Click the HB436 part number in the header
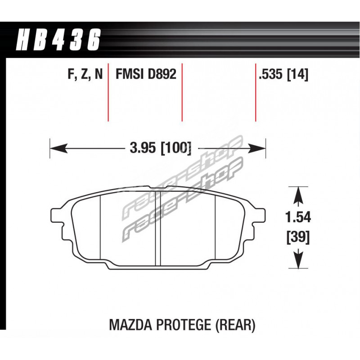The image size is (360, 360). click(58, 40)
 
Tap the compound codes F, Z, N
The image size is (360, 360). click(85, 74)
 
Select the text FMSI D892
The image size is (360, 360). click(146, 74)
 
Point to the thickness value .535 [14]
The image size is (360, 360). click(283, 74)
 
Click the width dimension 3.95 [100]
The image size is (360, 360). click(160, 148)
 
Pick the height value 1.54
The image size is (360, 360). click(298, 217)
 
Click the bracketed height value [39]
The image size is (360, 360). click(298, 237)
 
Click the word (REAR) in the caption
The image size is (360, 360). click(235, 325)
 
